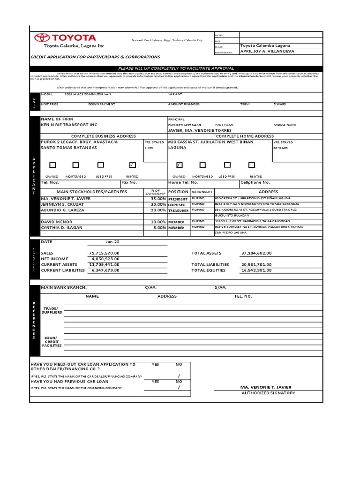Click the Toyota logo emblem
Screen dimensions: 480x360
click(x=41, y=38)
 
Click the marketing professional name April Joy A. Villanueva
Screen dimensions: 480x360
click(x=267, y=51)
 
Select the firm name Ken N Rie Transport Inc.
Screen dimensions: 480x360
click(x=70, y=125)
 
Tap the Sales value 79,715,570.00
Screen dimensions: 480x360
click(x=104, y=253)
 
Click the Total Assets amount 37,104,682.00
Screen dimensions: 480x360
click(x=256, y=253)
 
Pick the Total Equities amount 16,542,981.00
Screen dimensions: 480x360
click(x=256, y=270)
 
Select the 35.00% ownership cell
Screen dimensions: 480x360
click(x=156, y=199)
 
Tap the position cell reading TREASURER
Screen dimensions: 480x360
click(x=178, y=210)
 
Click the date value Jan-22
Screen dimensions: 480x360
click(x=113, y=242)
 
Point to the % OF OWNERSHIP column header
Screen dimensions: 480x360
click(x=155, y=192)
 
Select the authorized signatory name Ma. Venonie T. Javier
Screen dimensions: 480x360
click(x=265, y=387)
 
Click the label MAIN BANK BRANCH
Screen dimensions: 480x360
click(x=64, y=288)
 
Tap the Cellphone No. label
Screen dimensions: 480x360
click(x=255, y=182)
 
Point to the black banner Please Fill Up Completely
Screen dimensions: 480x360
click(x=176, y=68)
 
